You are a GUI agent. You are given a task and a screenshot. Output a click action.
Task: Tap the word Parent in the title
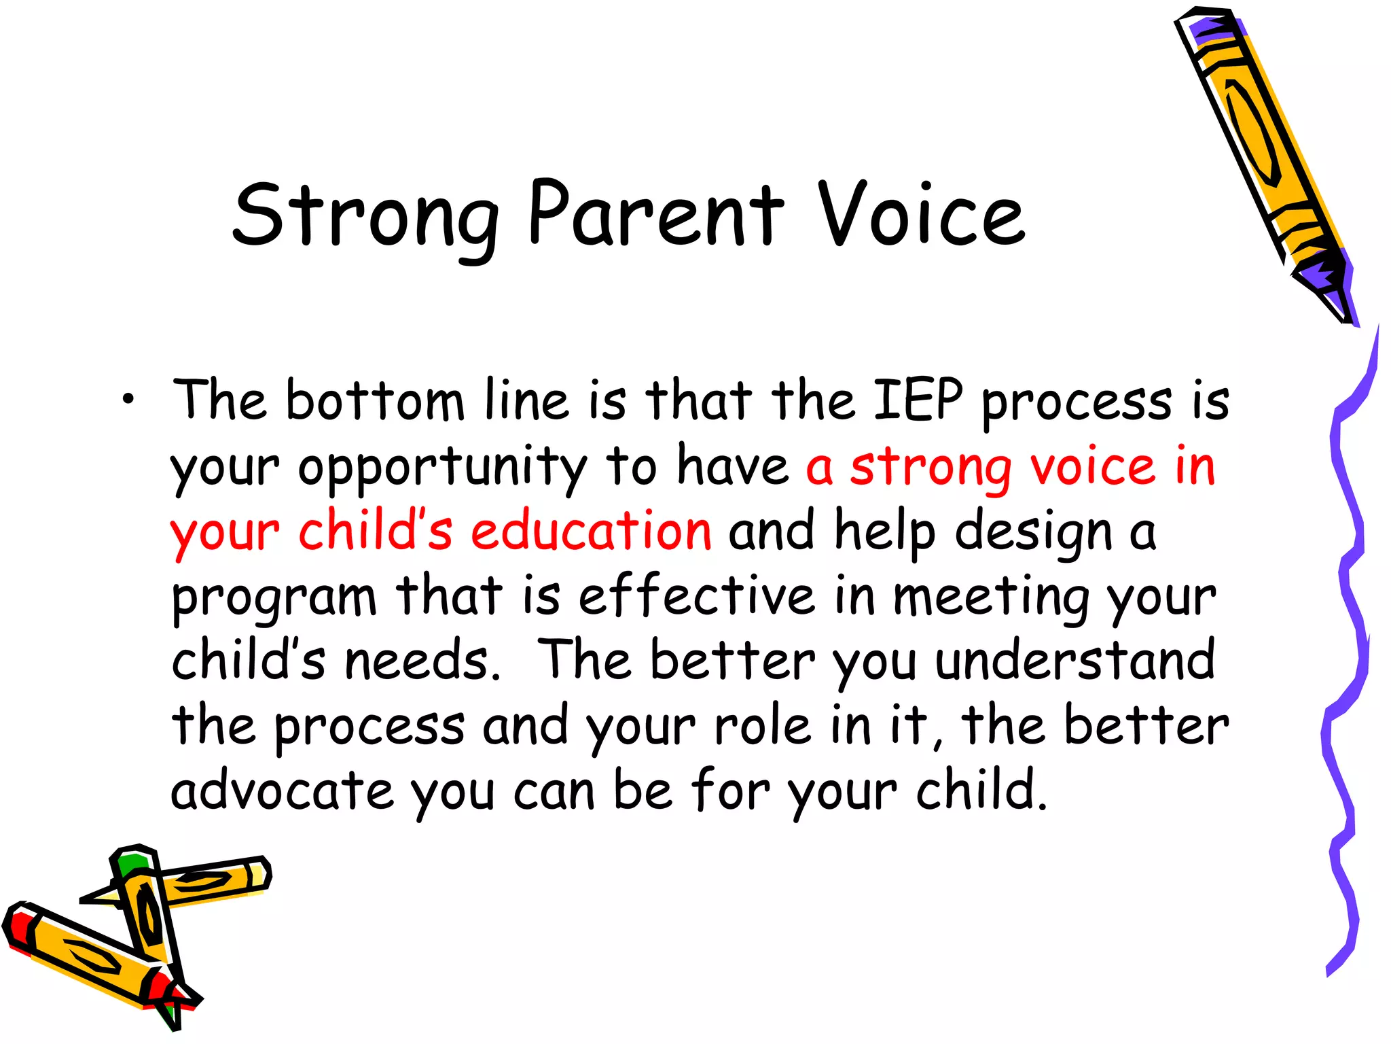click(655, 214)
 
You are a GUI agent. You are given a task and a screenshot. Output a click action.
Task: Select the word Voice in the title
click(920, 214)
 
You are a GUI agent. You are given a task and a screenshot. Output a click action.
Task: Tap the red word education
click(591, 532)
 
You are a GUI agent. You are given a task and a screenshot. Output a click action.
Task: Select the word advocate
click(282, 790)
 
